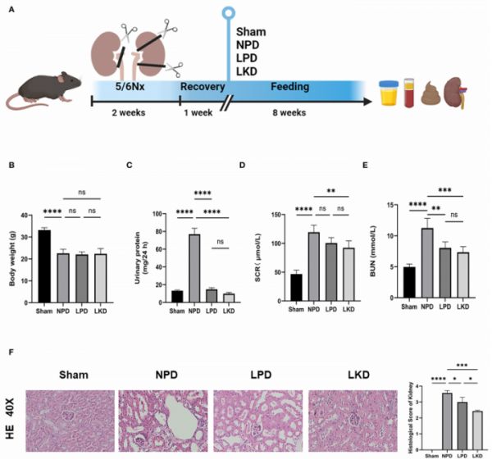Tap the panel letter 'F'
[10, 353]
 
